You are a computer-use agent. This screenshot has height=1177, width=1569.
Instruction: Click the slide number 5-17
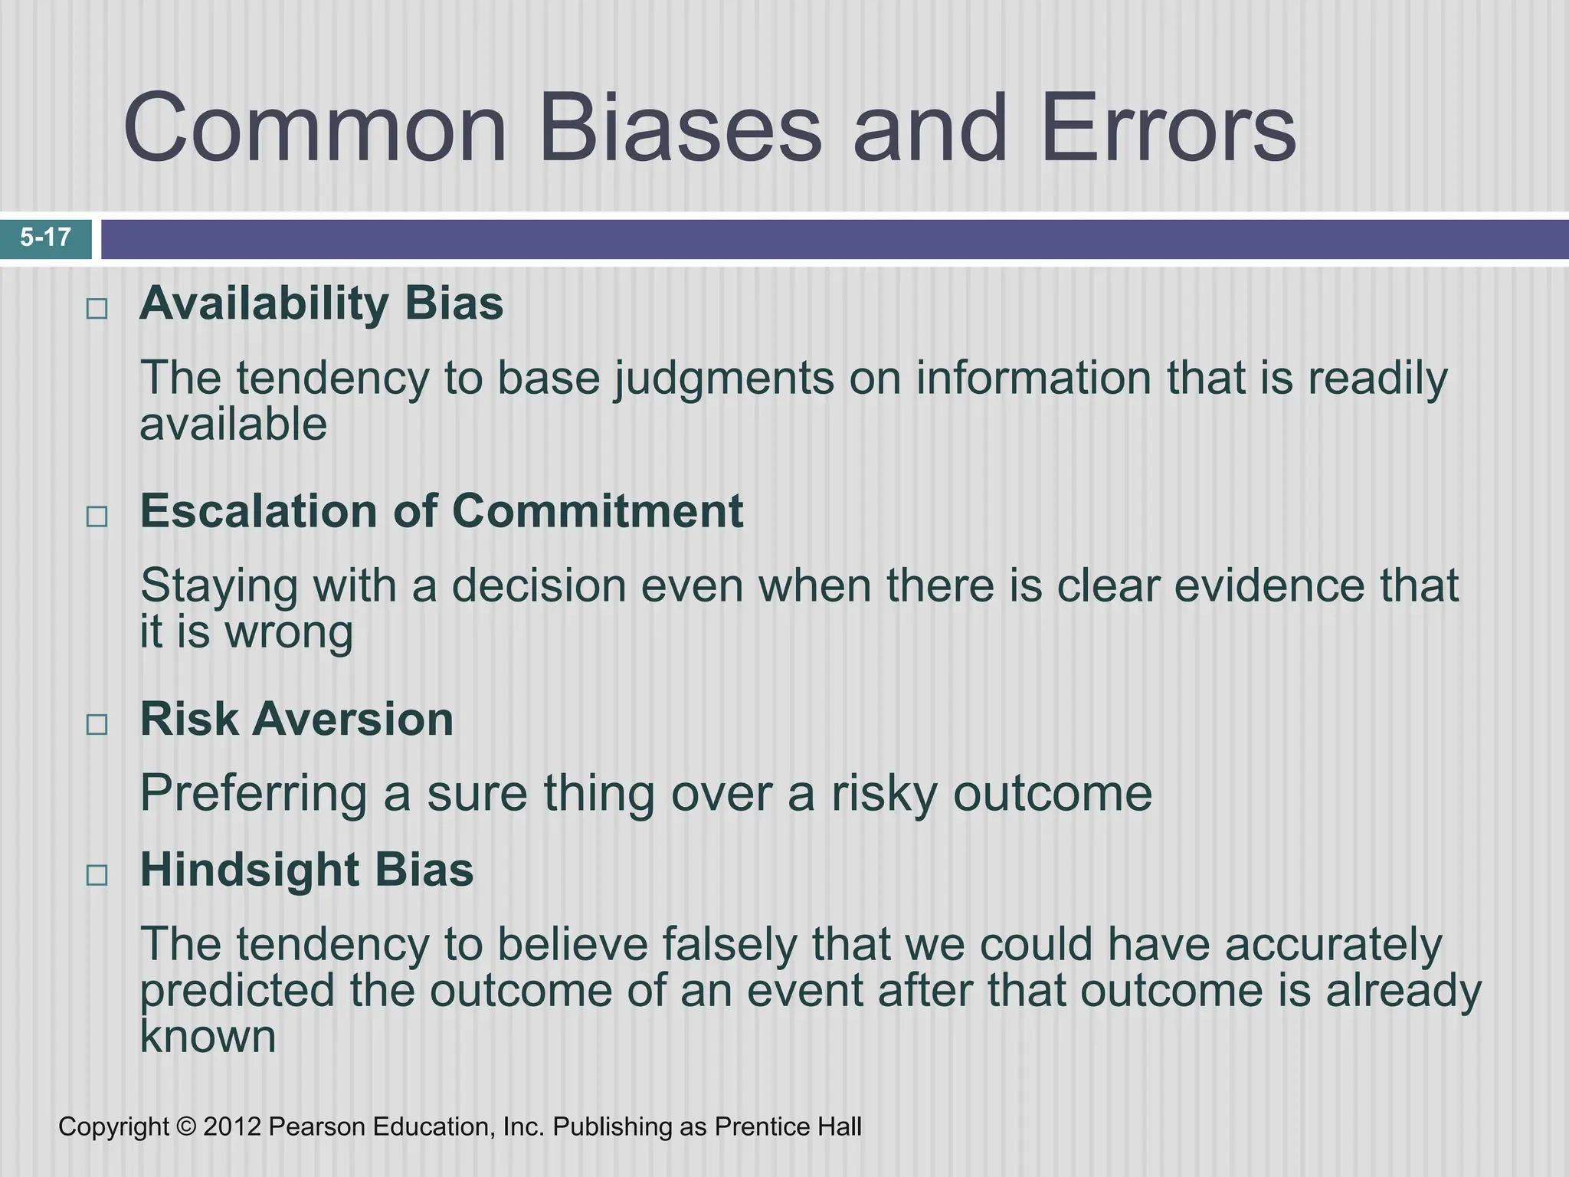click(46, 238)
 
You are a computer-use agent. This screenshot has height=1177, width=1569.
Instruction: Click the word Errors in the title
click(1168, 129)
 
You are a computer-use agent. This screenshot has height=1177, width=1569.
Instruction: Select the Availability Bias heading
click(321, 303)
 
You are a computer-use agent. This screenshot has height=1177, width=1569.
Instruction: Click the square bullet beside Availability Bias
click(97, 310)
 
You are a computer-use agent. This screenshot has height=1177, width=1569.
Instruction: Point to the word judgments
click(723, 379)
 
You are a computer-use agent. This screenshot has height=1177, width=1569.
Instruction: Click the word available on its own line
click(233, 425)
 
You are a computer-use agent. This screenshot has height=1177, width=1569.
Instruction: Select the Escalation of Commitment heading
click(441, 511)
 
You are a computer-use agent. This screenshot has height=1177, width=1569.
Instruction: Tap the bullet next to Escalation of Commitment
click(97, 516)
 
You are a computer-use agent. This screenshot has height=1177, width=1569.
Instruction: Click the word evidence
click(1269, 586)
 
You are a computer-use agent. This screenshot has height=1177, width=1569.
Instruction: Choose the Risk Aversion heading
click(296, 720)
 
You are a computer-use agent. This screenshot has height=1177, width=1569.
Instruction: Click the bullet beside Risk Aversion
click(97, 724)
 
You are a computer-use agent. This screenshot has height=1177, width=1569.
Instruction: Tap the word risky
click(884, 794)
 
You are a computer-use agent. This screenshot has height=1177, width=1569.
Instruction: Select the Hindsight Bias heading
click(306, 870)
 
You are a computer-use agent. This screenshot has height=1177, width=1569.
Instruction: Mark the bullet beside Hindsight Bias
click(97, 875)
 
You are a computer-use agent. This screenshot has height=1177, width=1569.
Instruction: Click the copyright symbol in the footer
click(185, 1127)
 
